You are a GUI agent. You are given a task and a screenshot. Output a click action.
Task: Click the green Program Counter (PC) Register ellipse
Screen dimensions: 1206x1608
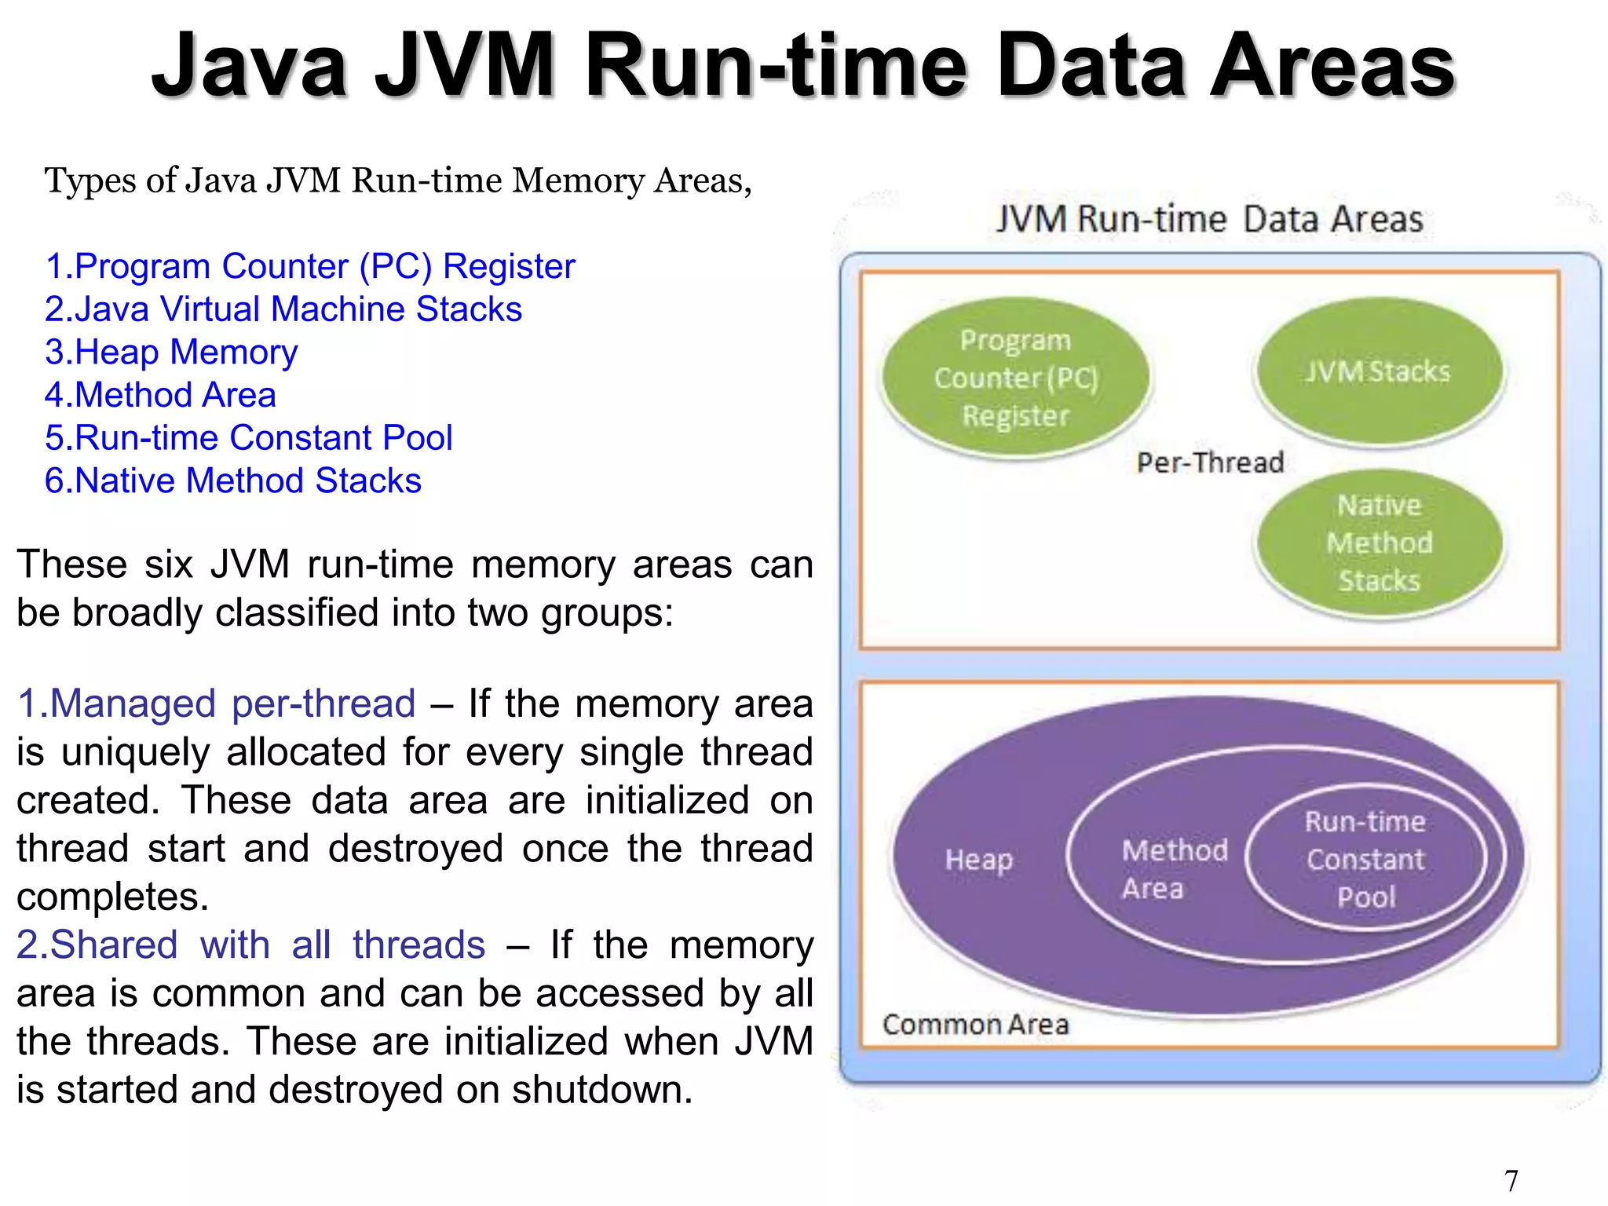pyautogui.click(x=1015, y=377)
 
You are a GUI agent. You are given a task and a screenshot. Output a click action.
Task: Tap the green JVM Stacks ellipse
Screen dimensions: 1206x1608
pyautogui.click(x=1379, y=372)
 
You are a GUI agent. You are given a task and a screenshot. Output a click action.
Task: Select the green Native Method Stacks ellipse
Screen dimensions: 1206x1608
pyautogui.click(x=1379, y=543)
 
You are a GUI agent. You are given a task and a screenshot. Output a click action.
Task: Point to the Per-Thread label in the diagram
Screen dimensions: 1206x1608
pyautogui.click(x=1210, y=462)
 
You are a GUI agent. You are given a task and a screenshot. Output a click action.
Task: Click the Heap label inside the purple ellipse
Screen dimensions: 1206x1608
pyautogui.click(x=978, y=860)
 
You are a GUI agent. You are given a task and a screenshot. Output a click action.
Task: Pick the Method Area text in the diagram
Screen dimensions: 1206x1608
pyautogui.click(x=1173, y=869)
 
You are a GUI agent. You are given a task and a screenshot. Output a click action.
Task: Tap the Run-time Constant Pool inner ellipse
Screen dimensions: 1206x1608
pyautogui.click(x=1365, y=860)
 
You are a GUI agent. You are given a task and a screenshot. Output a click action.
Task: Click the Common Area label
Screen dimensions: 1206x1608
pyautogui.click(x=975, y=1025)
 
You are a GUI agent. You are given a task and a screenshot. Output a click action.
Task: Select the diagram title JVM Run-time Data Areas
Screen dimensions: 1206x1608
pyautogui.click(x=1209, y=219)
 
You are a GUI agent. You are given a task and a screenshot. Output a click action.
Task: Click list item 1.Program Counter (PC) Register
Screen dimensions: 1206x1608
pyautogui.click(x=310, y=267)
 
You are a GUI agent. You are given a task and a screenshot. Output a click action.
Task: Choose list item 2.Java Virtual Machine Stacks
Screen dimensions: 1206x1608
pyautogui.click(x=283, y=309)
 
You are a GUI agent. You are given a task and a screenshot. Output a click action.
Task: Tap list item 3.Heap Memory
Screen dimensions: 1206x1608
pyautogui.click(x=171, y=353)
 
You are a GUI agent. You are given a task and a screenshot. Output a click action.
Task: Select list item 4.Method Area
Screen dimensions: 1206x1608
pyautogui.click(x=160, y=395)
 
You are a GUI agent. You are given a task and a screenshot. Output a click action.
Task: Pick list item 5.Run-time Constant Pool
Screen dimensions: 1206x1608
pyautogui.click(x=248, y=438)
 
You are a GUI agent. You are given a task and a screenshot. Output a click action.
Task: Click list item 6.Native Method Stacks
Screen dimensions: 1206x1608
pyautogui.click(x=232, y=481)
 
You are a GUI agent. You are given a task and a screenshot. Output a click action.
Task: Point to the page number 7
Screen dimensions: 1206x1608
pyautogui.click(x=1511, y=1180)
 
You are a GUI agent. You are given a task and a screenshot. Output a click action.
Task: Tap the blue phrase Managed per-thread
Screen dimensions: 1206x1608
pyautogui.click(x=216, y=703)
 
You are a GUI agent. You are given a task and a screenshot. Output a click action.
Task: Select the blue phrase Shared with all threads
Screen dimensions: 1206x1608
pyautogui.click(x=250, y=945)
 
